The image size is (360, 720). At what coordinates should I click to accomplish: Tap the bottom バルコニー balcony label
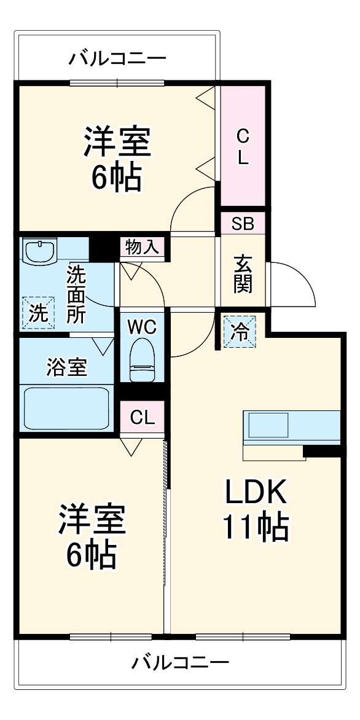click(x=181, y=662)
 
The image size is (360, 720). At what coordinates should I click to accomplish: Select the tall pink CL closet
click(x=243, y=146)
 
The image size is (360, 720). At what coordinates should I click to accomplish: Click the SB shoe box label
click(x=243, y=224)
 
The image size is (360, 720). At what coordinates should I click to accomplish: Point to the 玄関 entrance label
click(x=242, y=274)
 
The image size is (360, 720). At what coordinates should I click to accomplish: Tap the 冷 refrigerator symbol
click(x=240, y=332)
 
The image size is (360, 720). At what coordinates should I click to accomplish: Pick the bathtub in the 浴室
click(x=67, y=407)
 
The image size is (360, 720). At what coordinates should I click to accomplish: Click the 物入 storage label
click(x=142, y=247)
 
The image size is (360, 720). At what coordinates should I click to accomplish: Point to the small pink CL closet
click(x=142, y=418)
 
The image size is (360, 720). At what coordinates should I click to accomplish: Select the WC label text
click(x=142, y=326)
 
